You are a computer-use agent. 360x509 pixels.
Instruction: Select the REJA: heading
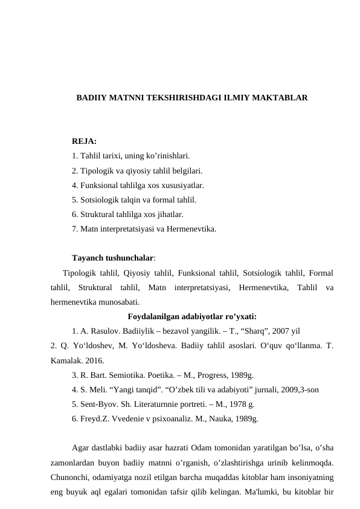(x=84, y=141)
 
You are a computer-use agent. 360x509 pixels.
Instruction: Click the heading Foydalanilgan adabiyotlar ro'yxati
(x=193, y=316)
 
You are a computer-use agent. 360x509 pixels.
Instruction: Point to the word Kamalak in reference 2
(x=66, y=360)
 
